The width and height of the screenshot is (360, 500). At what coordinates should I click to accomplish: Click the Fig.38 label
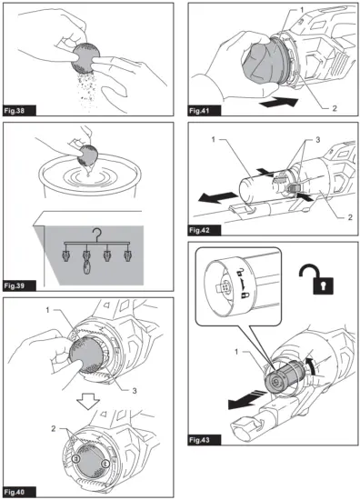click(19, 111)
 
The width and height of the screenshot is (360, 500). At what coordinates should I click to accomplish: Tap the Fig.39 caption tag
click(19, 285)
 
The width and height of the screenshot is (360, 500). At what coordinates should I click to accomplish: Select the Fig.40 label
click(19, 492)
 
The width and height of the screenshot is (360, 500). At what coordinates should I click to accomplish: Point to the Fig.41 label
click(205, 111)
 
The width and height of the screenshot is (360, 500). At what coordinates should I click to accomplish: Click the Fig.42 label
click(205, 230)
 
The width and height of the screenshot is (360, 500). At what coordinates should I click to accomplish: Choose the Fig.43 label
click(205, 440)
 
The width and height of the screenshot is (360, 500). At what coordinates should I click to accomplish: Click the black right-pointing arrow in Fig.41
click(279, 103)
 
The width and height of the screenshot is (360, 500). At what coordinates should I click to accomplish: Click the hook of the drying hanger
click(96, 235)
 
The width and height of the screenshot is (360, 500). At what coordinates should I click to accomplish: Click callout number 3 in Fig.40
click(135, 391)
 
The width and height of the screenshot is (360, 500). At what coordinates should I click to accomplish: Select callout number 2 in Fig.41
click(335, 108)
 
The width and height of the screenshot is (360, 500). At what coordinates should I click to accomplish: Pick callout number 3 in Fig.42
click(317, 140)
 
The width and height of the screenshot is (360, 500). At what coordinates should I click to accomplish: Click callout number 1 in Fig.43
click(236, 352)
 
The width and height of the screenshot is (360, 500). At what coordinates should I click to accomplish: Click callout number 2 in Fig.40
click(54, 429)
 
